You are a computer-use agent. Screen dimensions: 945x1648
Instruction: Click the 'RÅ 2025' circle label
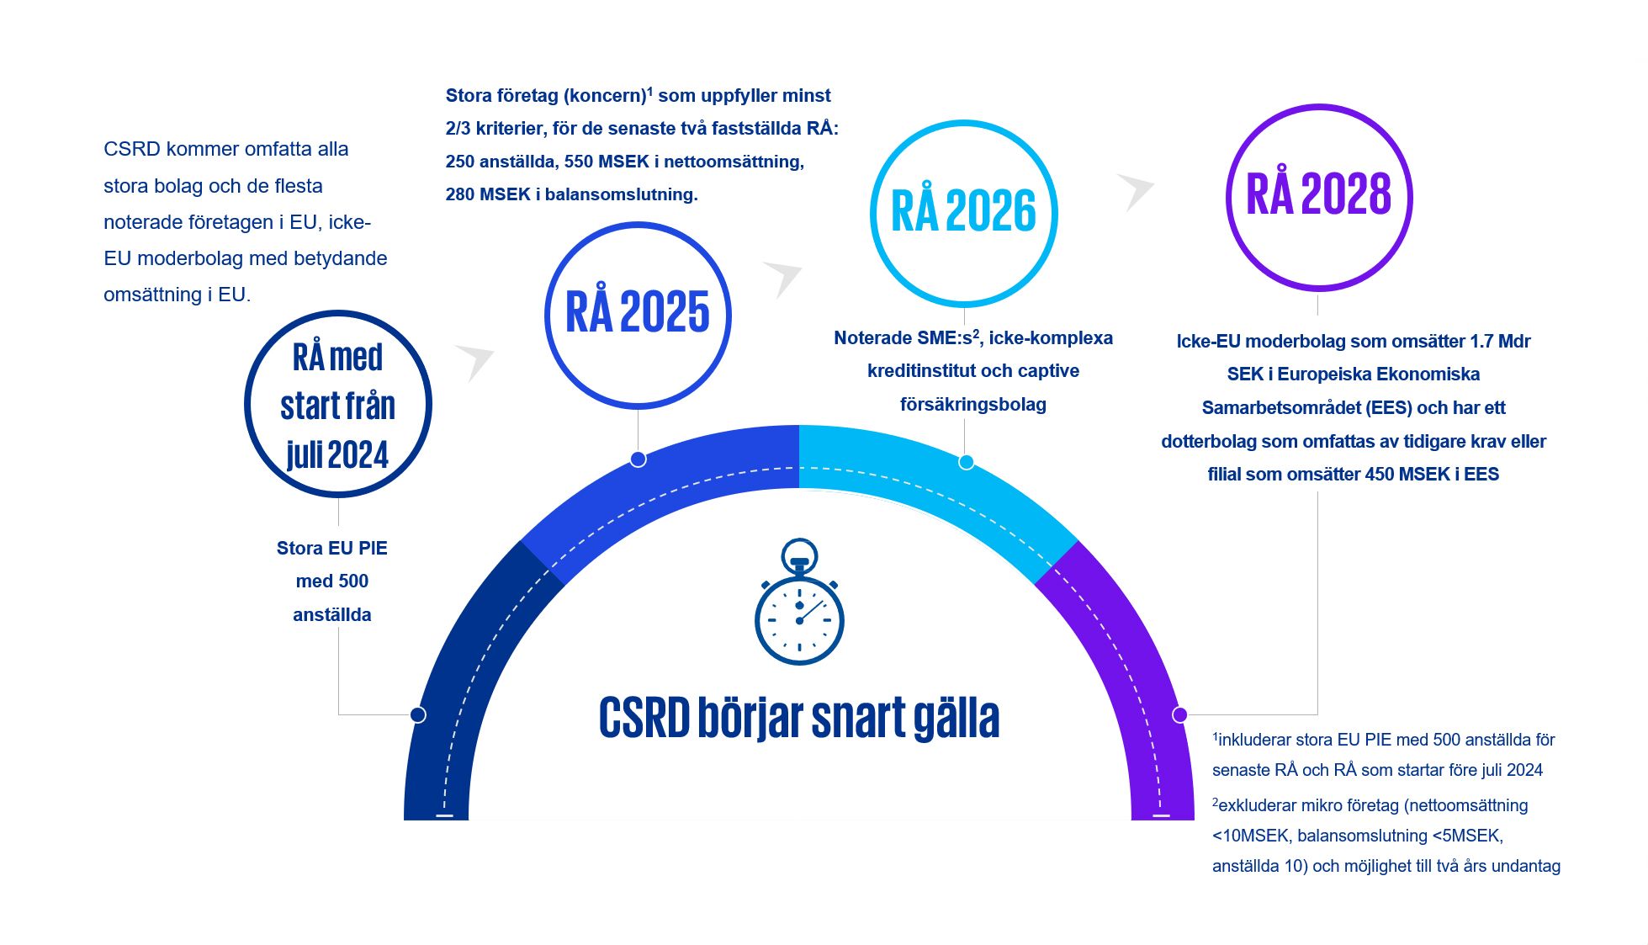638,312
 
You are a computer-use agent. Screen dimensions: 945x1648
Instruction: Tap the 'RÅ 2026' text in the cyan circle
963,210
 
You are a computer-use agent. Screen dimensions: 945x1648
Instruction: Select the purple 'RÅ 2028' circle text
1318,194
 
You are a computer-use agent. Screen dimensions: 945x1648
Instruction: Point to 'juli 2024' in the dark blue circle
337,455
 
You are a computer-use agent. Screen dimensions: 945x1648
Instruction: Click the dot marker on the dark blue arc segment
418,714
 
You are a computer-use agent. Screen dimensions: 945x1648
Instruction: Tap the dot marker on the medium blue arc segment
638,459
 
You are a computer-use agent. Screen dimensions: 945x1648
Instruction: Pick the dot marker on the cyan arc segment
966,461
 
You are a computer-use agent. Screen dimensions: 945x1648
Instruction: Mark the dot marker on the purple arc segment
1179,714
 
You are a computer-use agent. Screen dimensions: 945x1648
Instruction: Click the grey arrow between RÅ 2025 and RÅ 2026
783,277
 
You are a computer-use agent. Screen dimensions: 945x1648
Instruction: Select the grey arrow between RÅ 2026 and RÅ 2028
1137,190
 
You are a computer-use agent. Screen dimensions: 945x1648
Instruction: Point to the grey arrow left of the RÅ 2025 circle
476,360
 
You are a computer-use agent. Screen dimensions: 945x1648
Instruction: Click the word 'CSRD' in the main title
644,718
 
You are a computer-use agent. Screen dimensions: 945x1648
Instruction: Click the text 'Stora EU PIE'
331,549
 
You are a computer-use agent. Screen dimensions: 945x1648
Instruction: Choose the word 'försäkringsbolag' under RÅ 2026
972,405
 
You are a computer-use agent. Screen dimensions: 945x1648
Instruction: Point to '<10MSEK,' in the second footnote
1251,836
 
